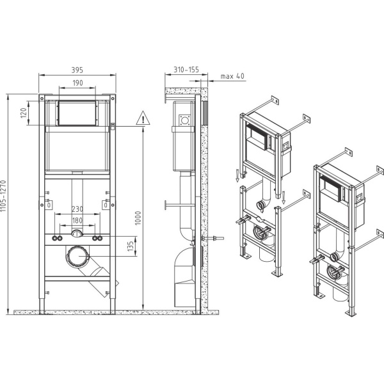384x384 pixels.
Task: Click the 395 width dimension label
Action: click(x=77, y=70)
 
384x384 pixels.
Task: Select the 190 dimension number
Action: click(x=77, y=83)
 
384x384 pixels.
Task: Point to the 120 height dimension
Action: click(x=24, y=113)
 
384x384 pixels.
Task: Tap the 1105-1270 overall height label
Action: click(x=3, y=196)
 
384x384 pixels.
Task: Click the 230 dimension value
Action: click(x=77, y=209)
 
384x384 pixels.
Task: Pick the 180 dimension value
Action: click(x=77, y=220)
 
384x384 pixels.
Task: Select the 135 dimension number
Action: click(x=131, y=246)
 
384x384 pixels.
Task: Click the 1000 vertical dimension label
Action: click(x=138, y=218)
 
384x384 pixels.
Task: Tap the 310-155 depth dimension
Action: click(x=186, y=70)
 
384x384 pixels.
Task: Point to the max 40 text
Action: click(x=232, y=76)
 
